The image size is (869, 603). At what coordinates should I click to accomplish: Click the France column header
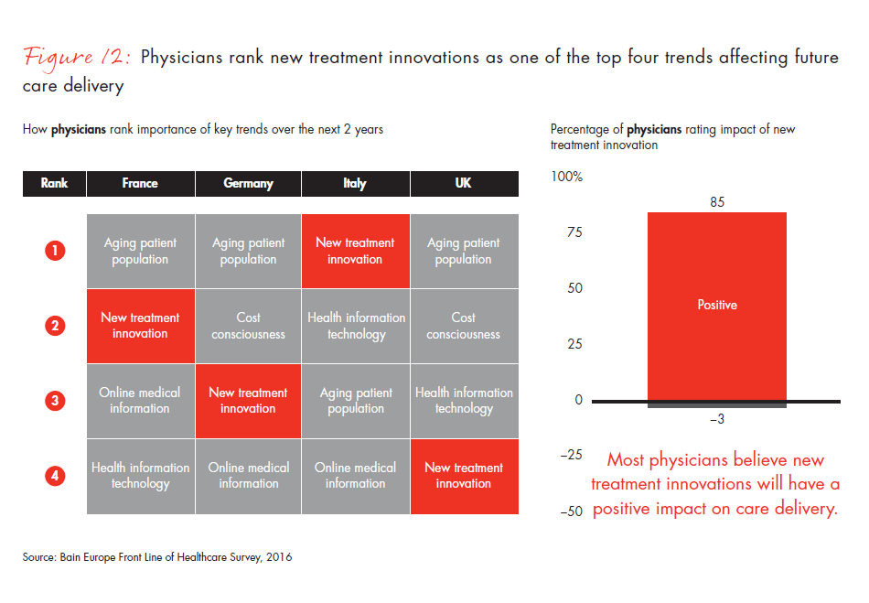coord(140,183)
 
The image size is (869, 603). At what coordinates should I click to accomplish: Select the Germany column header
coord(248,183)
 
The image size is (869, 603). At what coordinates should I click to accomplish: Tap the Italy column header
coord(355,183)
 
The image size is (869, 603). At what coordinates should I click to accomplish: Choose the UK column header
coord(463,183)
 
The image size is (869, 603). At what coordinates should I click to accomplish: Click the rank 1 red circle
coord(55,251)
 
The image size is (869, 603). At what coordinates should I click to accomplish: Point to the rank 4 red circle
coord(55,476)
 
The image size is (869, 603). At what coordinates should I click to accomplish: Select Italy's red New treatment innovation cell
coord(356,251)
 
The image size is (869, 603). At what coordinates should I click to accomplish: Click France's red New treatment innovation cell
coord(140,326)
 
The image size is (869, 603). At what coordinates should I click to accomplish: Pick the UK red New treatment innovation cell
coord(464,476)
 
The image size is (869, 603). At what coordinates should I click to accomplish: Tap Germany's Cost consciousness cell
coord(248,326)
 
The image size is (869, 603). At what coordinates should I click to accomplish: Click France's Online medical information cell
coord(140,401)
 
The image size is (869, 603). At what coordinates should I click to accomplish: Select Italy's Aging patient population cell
coord(356,401)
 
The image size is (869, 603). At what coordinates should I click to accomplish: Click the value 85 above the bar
coord(716,202)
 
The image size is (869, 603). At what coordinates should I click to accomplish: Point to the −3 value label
coord(716,419)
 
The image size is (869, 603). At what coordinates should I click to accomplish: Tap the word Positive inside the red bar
coord(716,305)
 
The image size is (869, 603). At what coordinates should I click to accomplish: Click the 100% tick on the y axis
coord(566,176)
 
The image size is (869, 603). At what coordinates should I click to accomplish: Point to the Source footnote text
coord(157,556)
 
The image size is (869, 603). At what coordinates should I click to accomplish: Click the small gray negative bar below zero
coord(716,404)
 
